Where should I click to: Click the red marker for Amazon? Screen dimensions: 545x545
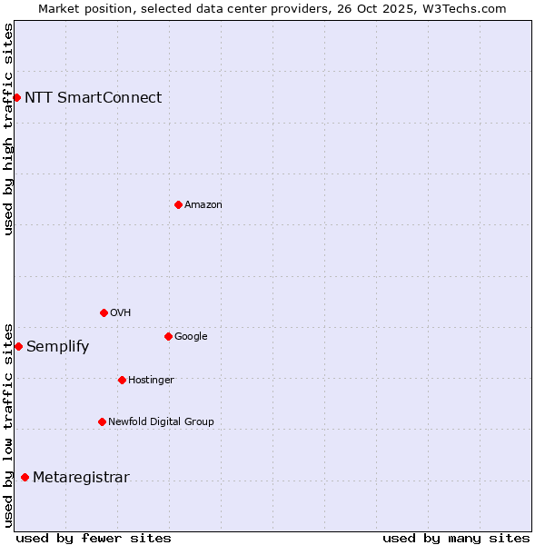[x=178, y=204]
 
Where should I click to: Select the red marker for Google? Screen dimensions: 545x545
[x=168, y=336]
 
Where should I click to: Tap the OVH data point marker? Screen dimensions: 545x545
[x=104, y=312]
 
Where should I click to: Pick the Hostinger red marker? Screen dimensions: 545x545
[x=122, y=380]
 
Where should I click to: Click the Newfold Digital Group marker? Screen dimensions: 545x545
[x=102, y=421]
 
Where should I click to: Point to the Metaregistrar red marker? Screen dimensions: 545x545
[x=25, y=477]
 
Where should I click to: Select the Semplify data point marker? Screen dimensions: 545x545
[x=18, y=346]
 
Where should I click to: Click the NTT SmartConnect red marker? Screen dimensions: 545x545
[x=16, y=97]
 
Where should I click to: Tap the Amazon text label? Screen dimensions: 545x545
[x=203, y=205]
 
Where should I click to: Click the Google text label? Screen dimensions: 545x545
[x=191, y=337]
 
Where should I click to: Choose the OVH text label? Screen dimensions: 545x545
[x=121, y=313]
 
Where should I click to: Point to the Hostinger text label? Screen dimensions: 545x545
[x=151, y=381]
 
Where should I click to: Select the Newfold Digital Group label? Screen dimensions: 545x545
[x=161, y=422]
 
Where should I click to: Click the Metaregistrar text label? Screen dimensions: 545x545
[x=81, y=478]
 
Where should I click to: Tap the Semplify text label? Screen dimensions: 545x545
[x=57, y=347]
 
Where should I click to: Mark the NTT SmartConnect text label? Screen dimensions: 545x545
[x=93, y=98]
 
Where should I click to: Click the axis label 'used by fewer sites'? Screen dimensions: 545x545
[x=94, y=538]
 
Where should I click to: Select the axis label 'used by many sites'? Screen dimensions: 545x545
[x=456, y=538]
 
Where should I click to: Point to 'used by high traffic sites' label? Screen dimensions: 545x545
[x=8, y=129]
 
